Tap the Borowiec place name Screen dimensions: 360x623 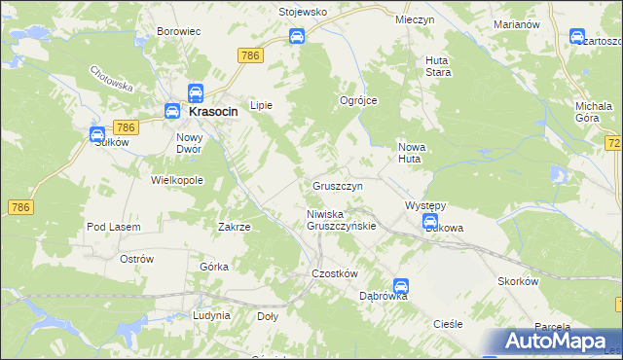click(178, 31)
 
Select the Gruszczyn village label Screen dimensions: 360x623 click(338, 185)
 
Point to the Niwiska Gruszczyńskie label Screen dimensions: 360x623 click(341, 219)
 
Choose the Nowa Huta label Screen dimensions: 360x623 click(412, 153)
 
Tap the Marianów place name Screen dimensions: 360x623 click(516, 24)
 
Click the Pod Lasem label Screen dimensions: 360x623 click(114, 227)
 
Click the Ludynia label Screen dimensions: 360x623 click(211, 315)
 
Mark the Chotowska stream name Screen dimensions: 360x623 click(110, 78)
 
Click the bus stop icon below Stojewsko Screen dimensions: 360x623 click(297, 37)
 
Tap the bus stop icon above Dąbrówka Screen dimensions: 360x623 click(401, 287)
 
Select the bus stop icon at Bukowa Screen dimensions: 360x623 click(430, 223)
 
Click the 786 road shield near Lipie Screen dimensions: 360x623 click(249, 56)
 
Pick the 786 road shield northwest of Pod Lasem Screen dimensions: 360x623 click(21, 207)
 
